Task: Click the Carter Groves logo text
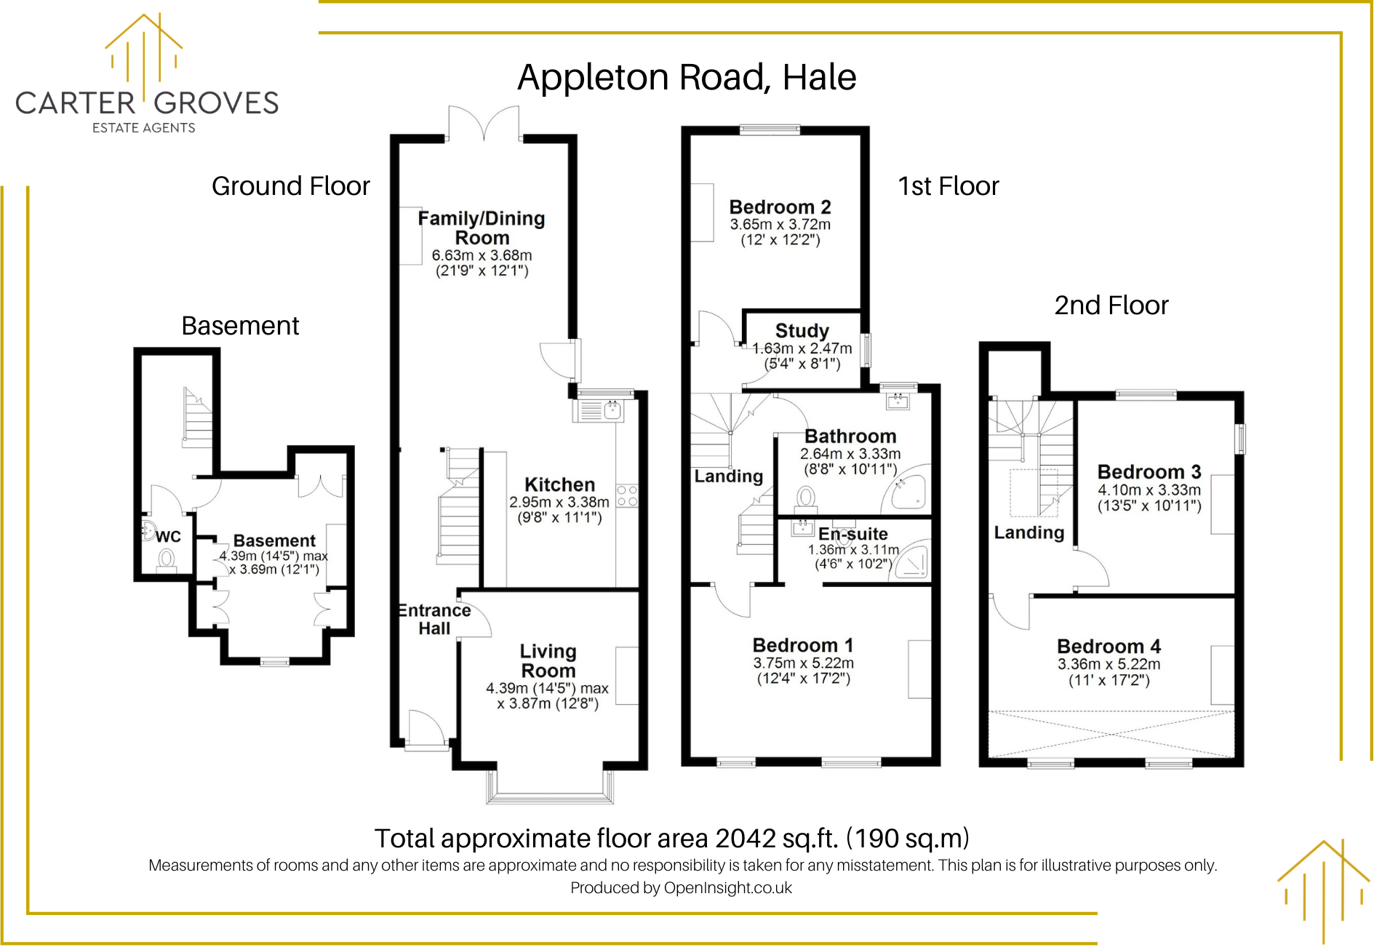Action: click(147, 103)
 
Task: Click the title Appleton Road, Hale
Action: click(687, 77)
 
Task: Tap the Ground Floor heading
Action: click(290, 186)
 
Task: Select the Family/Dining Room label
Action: click(482, 228)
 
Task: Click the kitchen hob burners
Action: click(627, 496)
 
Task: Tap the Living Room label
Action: click(548, 660)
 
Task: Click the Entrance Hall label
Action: click(434, 619)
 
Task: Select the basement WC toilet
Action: click(167, 560)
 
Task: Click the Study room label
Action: click(802, 331)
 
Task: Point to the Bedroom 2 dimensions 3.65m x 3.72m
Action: click(780, 225)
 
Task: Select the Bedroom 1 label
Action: click(803, 645)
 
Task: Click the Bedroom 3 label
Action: click(1149, 472)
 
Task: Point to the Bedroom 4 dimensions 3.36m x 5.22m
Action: click(1109, 664)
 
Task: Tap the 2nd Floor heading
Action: click(1111, 305)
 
